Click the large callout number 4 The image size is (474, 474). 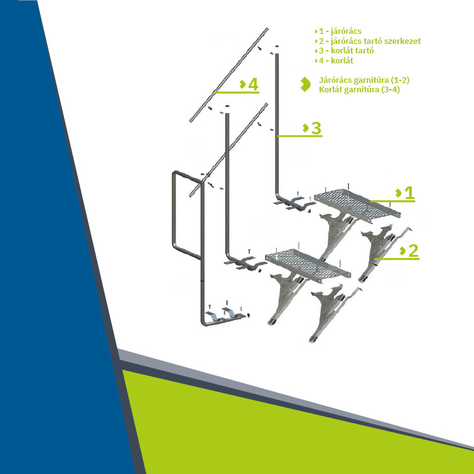(x=254, y=84)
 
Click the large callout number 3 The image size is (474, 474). (x=316, y=128)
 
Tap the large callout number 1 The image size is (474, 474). (x=409, y=193)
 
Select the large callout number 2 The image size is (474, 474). (x=413, y=250)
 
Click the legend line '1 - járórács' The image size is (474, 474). (x=338, y=31)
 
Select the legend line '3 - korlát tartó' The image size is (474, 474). (x=344, y=50)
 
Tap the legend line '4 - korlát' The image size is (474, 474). (x=334, y=60)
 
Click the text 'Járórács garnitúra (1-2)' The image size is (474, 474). (x=364, y=80)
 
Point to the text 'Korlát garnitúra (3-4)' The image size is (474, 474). (x=360, y=90)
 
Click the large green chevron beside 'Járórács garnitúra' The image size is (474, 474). (x=306, y=84)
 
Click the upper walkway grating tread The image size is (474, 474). (x=357, y=205)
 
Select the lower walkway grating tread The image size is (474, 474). (x=308, y=266)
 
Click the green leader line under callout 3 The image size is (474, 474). (x=300, y=136)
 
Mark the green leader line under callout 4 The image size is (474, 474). (x=237, y=92)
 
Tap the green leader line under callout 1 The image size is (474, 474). (x=392, y=201)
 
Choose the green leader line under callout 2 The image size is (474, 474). (x=397, y=259)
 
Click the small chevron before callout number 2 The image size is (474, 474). (x=402, y=250)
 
